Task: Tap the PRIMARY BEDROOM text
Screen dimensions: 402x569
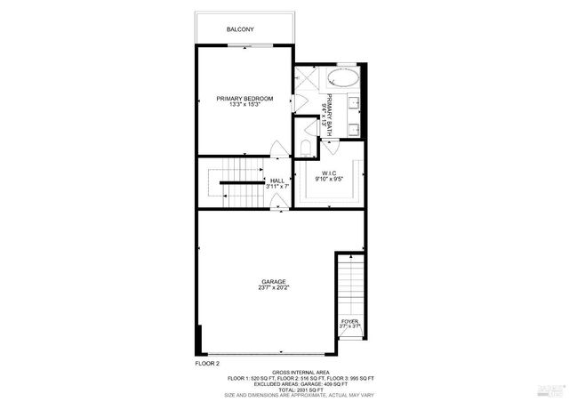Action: pos(244,98)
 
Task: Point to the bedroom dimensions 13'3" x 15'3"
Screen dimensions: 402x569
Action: pos(244,105)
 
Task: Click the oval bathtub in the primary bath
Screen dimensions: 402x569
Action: pos(341,76)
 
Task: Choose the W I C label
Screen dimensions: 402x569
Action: pos(329,173)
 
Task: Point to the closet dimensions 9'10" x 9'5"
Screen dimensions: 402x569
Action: pos(329,180)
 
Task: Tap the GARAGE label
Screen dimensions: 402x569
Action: pos(273,282)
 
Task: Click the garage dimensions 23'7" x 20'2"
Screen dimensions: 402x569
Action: pos(273,289)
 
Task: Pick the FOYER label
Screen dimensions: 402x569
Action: pos(349,321)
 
